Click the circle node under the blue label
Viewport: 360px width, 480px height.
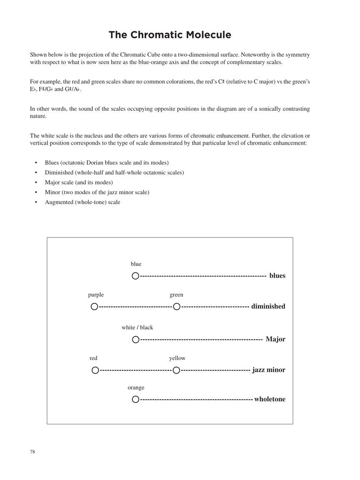pyautogui.click(x=135, y=276)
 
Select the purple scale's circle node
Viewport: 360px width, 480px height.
pyautogui.click(x=95, y=307)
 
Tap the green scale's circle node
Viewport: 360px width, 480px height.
pyautogui.click(x=177, y=307)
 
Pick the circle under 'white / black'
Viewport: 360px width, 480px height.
pyautogui.click(x=135, y=340)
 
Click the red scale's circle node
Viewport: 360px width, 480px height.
pyautogui.click(x=95, y=370)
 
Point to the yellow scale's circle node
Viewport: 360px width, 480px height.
pyautogui.click(x=176, y=370)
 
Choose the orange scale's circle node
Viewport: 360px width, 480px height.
pyautogui.click(x=135, y=400)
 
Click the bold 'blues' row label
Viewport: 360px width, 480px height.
pyautogui.click(x=277, y=276)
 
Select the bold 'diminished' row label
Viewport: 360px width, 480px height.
pyautogui.click(x=268, y=307)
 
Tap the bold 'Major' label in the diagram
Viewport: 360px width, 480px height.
pyautogui.click(x=275, y=339)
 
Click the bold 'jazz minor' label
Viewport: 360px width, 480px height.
pyautogui.click(x=269, y=370)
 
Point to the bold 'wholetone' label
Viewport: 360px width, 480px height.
pyautogui.click(x=270, y=399)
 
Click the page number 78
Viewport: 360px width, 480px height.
pyautogui.click(x=32, y=452)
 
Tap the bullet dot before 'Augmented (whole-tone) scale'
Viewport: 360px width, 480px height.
pyautogui.click(x=36, y=202)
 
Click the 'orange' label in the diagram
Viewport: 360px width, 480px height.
pyautogui.click(x=136, y=388)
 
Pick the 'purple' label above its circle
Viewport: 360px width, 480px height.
pyautogui.click(x=96, y=295)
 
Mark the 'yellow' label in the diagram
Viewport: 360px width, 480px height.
pyautogui.click(x=177, y=358)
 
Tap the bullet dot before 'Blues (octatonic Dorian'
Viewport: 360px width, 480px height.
pyautogui.click(x=36, y=163)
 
